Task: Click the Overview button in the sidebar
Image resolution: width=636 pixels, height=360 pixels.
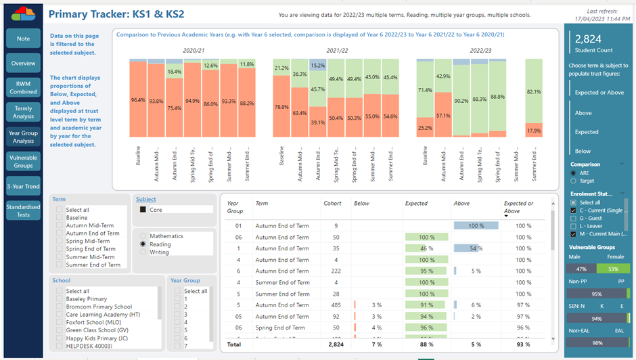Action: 23,64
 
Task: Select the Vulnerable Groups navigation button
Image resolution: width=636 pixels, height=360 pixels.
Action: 23,161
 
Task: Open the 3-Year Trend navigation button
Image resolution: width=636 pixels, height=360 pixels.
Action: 23,186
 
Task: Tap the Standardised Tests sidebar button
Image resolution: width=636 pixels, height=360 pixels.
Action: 23,211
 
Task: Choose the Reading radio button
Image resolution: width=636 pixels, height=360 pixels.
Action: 143,244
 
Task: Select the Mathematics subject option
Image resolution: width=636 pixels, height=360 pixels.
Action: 143,236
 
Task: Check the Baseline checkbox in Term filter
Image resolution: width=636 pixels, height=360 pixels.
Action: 60,218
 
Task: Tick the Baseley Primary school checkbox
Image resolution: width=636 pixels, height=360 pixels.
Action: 60,299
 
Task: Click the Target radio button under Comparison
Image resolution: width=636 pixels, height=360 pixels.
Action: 574,181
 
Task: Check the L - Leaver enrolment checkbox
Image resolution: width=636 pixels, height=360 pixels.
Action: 574,226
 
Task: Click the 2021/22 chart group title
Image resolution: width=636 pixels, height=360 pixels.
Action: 336,51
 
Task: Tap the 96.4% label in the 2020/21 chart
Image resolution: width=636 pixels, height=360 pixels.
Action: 138,100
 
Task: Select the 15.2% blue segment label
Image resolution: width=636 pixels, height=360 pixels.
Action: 317,66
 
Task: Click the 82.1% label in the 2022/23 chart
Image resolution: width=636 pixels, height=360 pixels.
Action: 534,92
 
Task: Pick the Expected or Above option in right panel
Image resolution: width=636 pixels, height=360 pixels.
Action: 599,93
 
